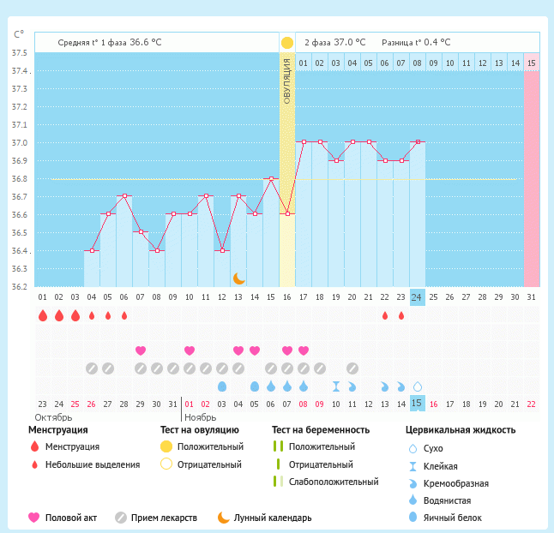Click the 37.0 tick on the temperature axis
click(19, 143)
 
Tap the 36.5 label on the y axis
click(19, 233)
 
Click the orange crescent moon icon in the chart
click(239, 278)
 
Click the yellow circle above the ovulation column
click(287, 43)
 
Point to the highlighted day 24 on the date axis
click(417, 297)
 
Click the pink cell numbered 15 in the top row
click(532, 63)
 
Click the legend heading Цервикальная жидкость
click(461, 430)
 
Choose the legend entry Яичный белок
click(457, 518)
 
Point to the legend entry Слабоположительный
click(334, 482)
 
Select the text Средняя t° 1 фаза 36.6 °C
click(110, 42)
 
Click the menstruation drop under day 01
click(42, 316)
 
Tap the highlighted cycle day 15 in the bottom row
click(417, 404)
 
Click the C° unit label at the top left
click(19, 35)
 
